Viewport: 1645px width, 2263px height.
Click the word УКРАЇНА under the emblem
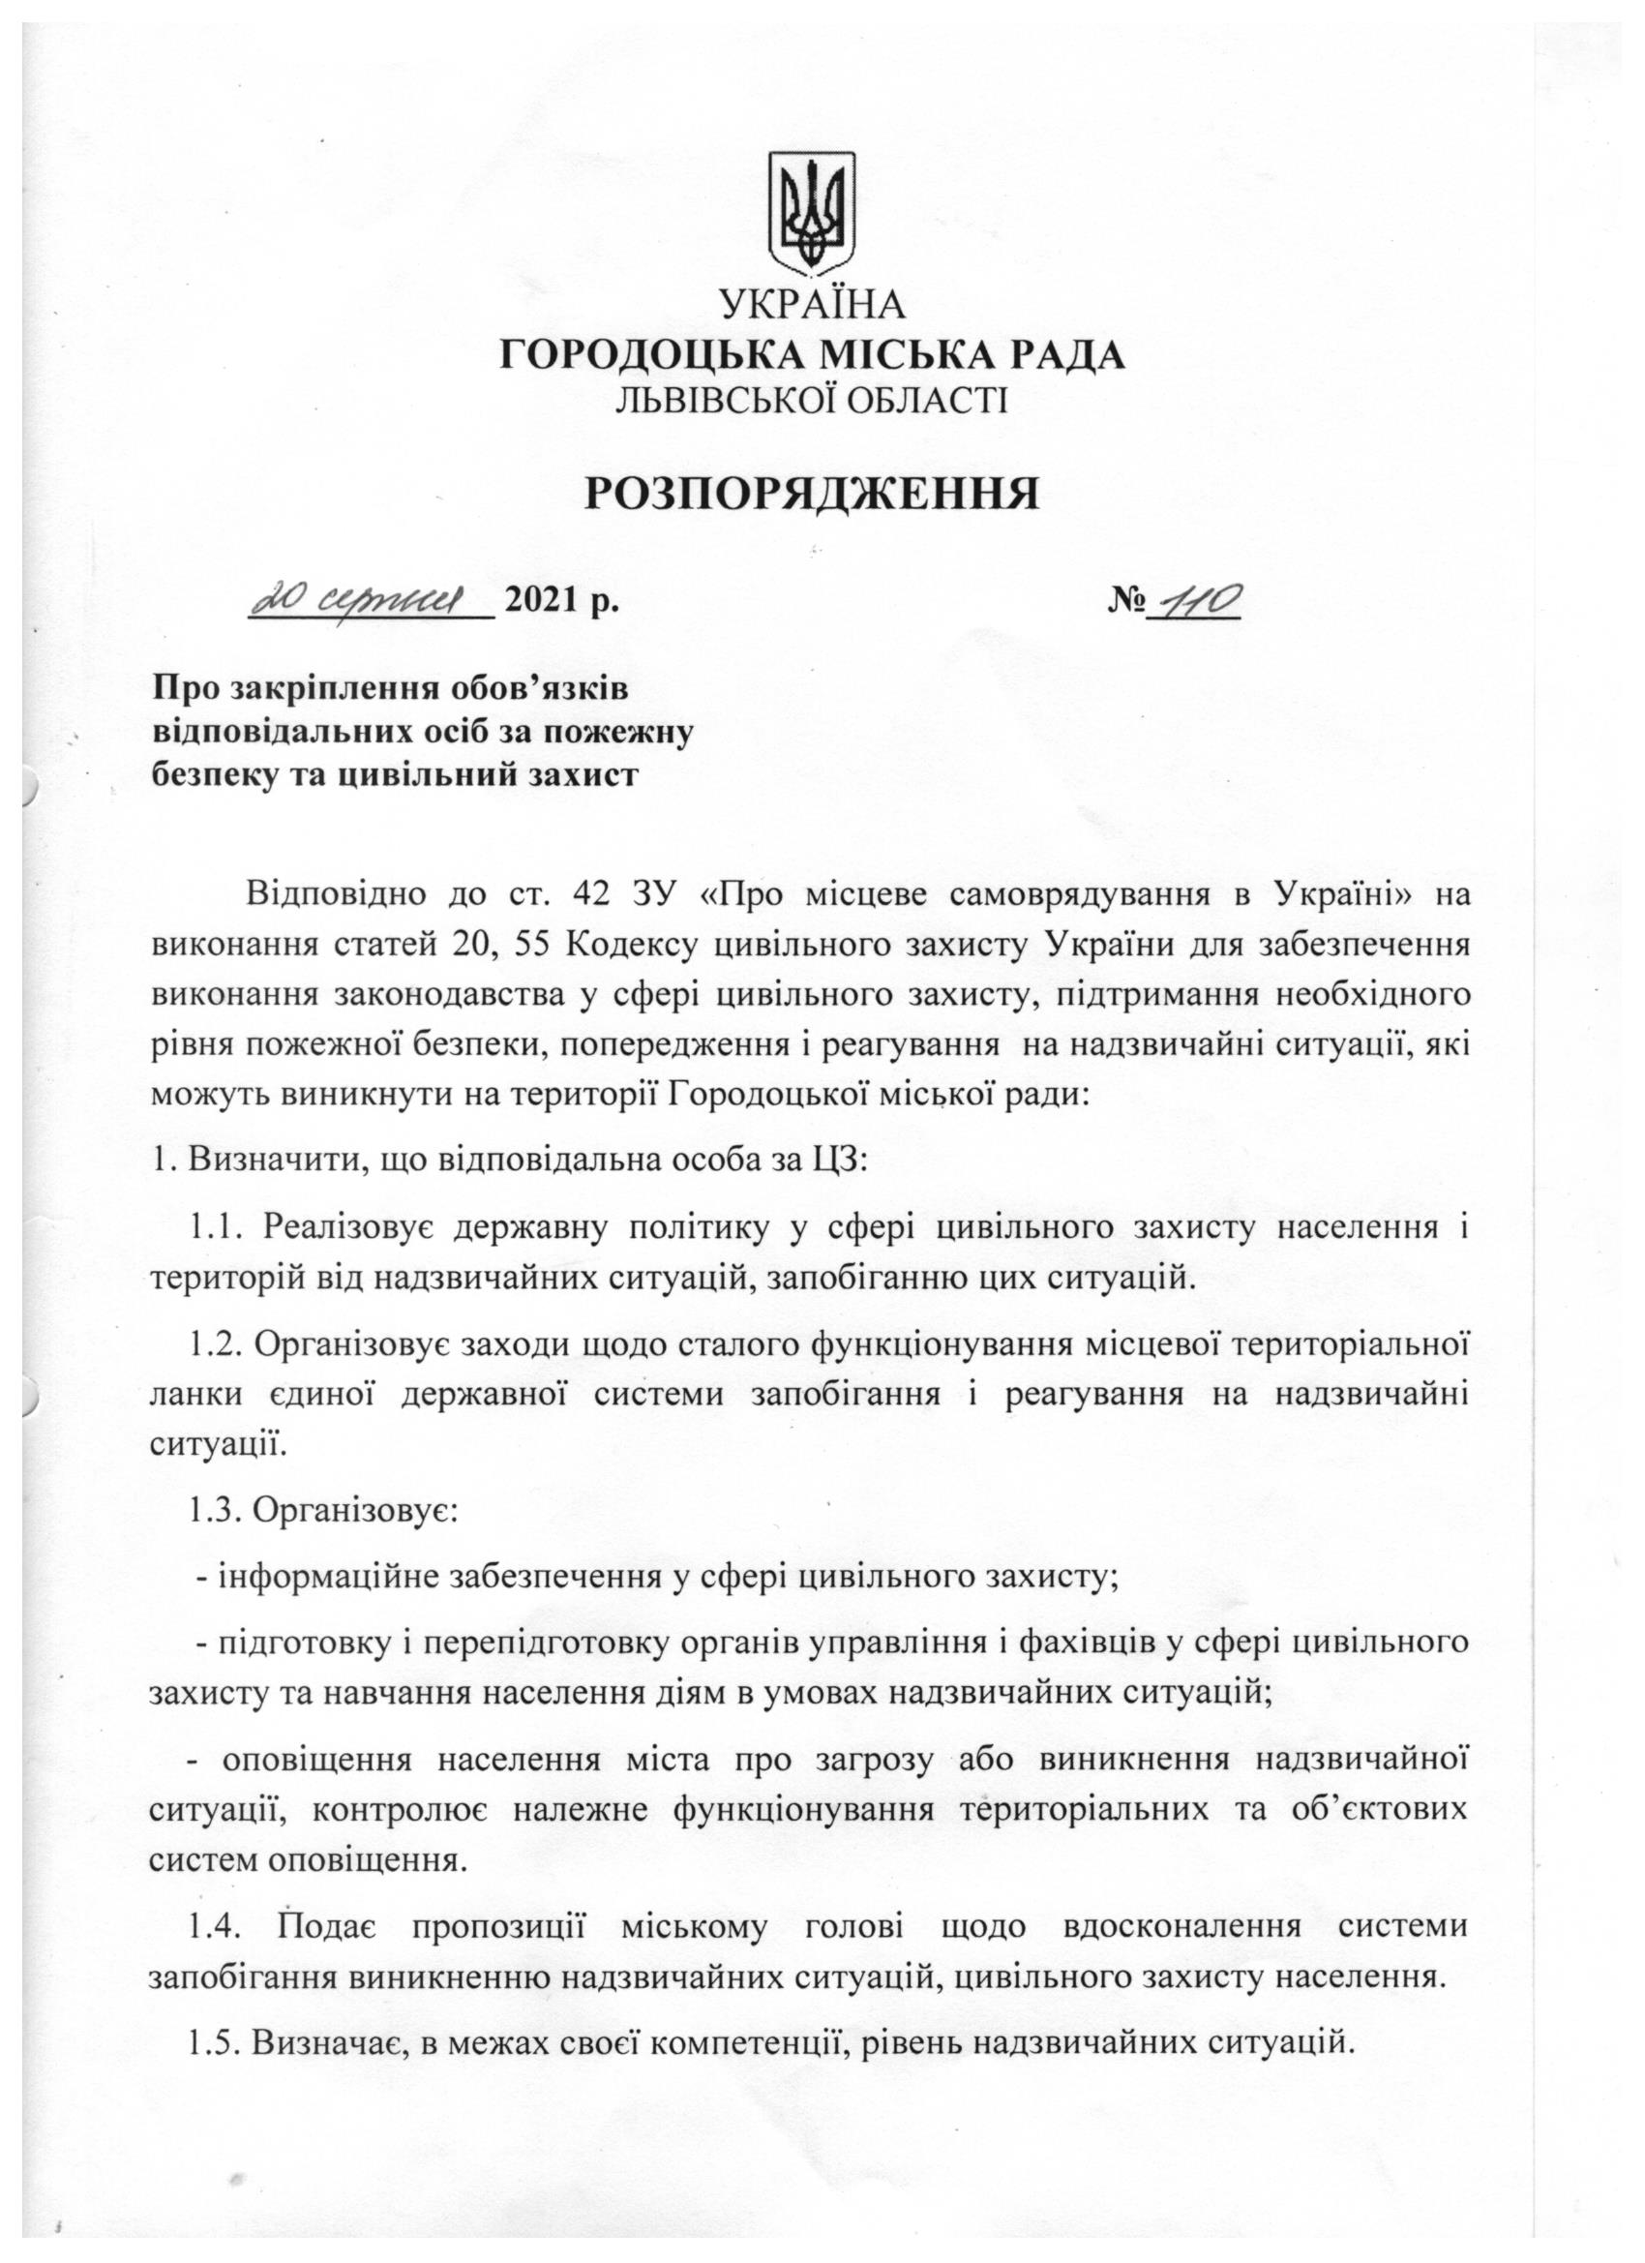[x=812, y=306]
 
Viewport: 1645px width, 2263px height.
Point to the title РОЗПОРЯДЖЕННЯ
[x=812, y=493]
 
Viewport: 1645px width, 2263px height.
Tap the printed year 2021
[x=547, y=603]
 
